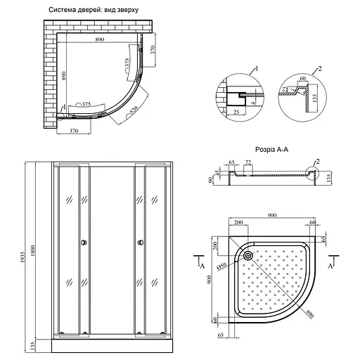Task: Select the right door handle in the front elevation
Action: pyautogui.click(x=140, y=243)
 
